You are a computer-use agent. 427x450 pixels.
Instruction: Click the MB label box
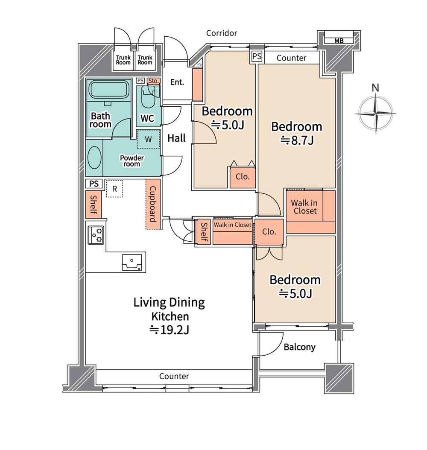pyautogui.click(x=339, y=41)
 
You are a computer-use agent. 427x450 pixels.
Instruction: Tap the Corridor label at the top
pyautogui.click(x=222, y=33)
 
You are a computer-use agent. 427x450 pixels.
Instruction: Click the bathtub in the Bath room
pyautogui.click(x=108, y=90)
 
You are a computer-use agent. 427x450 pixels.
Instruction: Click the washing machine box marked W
pyautogui.click(x=148, y=139)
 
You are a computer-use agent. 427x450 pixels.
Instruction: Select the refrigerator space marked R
pyautogui.click(x=114, y=189)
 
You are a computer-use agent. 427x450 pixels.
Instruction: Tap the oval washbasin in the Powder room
pyautogui.click(x=94, y=158)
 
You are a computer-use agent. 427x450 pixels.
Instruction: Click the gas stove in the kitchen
pyautogui.click(x=96, y=235)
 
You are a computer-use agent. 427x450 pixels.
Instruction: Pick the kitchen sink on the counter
pyautogui.click(x=132, y=262)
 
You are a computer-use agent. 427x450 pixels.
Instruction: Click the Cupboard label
pyautogui.click(x=153, y=204)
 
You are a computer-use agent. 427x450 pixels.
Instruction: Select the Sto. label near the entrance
pyautogui.click(x=153, y=81)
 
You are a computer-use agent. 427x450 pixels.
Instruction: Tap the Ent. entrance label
pyautogui.click(x=177, y=82)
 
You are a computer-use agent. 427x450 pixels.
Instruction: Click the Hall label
pyautogui.click(x=176, y=138)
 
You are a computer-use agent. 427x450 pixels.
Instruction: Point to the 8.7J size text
pyautogui.click(x=297, y=140)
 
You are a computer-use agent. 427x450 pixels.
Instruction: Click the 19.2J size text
pyautogui.click(x=170, y=330)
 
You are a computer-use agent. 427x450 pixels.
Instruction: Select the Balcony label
pyautogui.click(x=300, y=347)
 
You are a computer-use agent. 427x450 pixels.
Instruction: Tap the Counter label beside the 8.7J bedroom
pyautogui.click(x=291, y=58)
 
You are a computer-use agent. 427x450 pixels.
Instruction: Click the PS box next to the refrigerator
pyautogui.click(x=94, y=184)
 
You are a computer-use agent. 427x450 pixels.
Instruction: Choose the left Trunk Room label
pyautogui.click(x=123, y=60)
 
